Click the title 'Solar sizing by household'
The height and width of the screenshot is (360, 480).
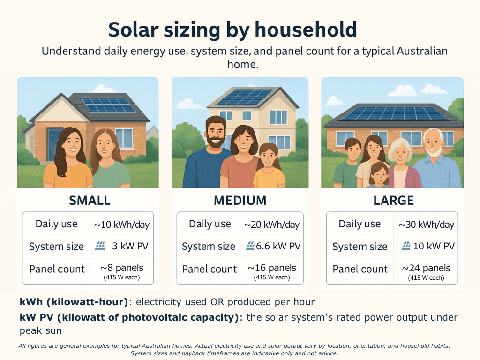point(232,30)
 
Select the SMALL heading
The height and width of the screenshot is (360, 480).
point(90,201)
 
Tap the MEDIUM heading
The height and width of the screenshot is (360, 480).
point(240,201)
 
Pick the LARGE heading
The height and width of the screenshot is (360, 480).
point(393,201)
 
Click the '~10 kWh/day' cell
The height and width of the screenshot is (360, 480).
point(122,225)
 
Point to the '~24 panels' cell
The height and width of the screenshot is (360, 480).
point(426,269)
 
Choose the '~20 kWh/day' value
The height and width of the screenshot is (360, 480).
point(272,225)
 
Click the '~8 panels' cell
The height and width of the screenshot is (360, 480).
point(122,268)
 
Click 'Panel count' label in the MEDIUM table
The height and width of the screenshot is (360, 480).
point(210,269)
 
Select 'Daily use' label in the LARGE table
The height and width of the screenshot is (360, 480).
point(360,224)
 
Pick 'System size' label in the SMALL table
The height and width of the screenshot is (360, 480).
point(56,247)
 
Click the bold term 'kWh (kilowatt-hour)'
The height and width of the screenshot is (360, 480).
point(74,301)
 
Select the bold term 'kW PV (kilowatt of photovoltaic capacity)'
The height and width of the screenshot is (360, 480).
point(129,317)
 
